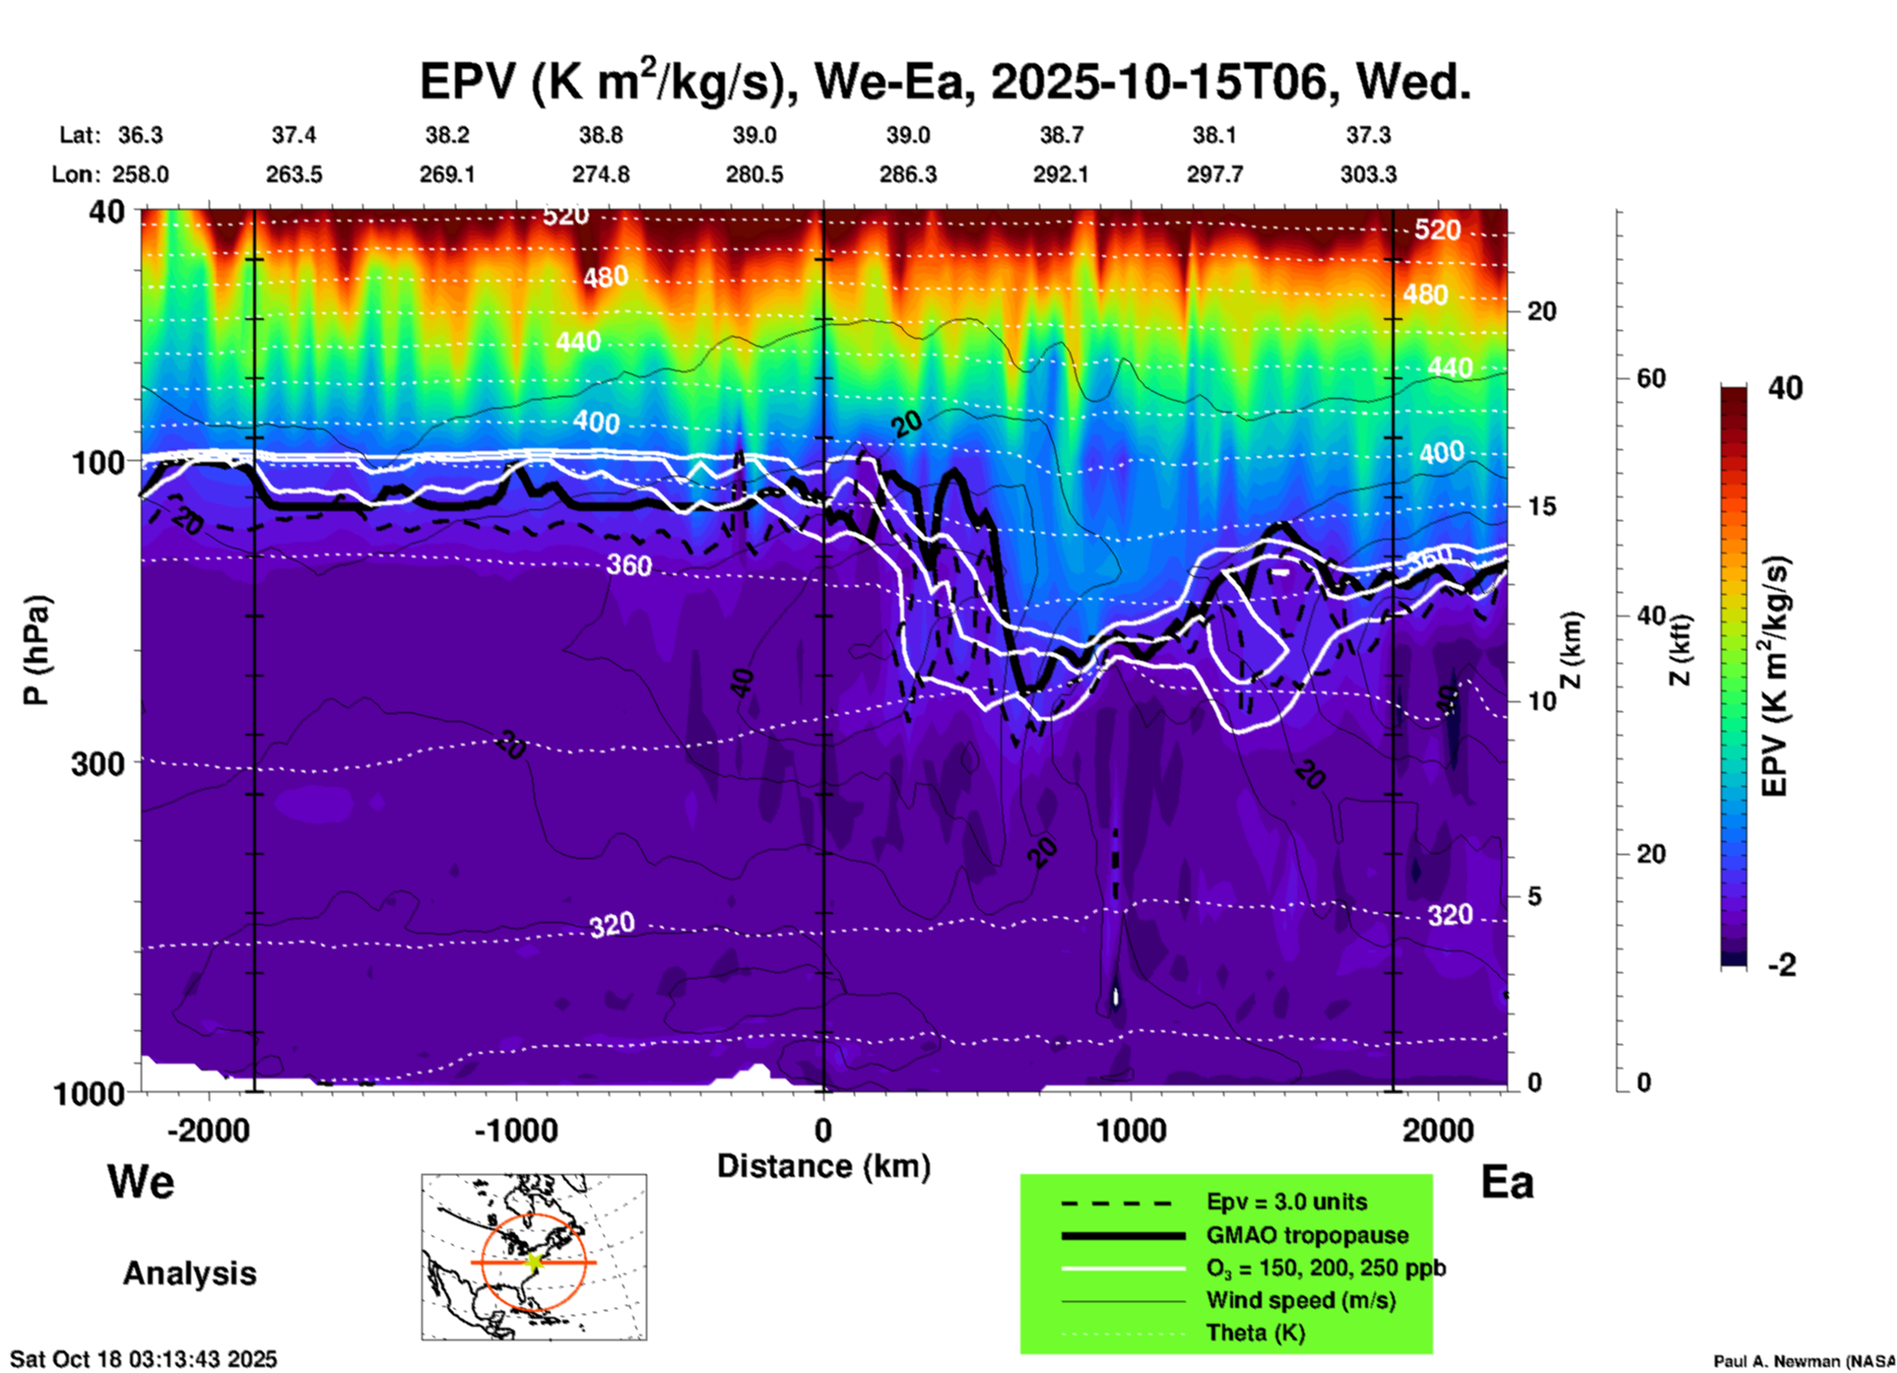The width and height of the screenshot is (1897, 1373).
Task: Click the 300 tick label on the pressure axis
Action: coord(98,763)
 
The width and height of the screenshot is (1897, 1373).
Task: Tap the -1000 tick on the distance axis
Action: coord(516,1131)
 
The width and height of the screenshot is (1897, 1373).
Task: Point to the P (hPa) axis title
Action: coord(35,650)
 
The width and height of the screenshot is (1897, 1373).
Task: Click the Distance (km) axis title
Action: coord(823,1166)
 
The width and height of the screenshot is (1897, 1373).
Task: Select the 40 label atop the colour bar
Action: coord(1785,388)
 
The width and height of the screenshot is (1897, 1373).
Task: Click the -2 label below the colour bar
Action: coord(1782,965)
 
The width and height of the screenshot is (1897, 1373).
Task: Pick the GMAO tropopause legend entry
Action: coord(1307,1235)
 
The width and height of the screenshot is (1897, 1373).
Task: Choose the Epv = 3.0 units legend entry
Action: coord(1286,1203)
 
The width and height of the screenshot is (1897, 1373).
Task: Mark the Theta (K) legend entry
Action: coord(1256,1333)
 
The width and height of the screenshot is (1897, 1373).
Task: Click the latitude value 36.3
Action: coord(141,135)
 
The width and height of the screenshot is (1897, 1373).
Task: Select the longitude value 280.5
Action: coord(754,174)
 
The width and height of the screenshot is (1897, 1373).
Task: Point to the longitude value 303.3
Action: coord(1368,174)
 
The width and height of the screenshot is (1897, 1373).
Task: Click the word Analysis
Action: coord(189,1274)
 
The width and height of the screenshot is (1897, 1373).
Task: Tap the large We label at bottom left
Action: coord(141,1182)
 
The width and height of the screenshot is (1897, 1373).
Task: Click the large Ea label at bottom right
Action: coord(1507,1182)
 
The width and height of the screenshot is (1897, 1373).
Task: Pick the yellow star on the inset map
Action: coord(534,1262)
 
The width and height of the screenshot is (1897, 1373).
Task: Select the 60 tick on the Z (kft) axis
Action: coord(1651,378)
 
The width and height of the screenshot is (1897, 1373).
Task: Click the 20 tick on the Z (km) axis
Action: coord(1541,311)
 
